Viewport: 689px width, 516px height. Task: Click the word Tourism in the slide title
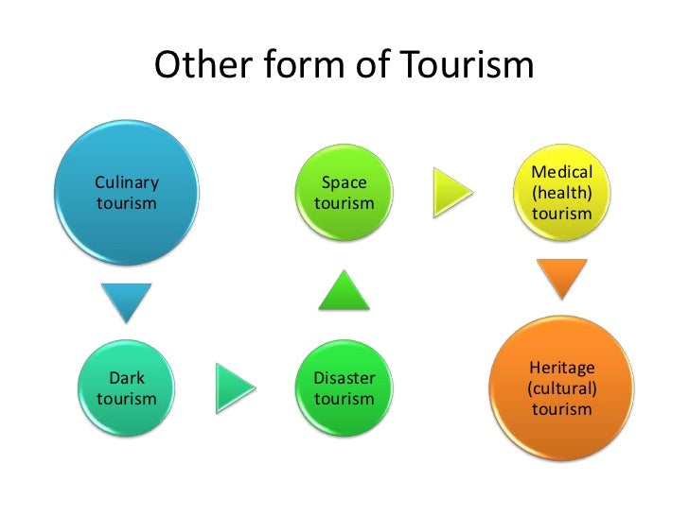[x=468, y=65]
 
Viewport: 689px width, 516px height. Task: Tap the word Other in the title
[x=194, y=65]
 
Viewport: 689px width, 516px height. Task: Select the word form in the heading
[x=294, y=65]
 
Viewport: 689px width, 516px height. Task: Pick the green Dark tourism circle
[x=127, y=387]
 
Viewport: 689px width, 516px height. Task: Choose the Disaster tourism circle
[x=344, y=387]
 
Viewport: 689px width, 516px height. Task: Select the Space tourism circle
[x=344, y=192]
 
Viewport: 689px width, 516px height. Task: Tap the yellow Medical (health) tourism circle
[x=561, y=192]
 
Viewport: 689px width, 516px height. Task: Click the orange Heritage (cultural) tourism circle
[x=561, y=387]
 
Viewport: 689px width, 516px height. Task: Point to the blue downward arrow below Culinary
[x=127, y=301]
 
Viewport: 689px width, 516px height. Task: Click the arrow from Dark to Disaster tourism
[x=235, y=387]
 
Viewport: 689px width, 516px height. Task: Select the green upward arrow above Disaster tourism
[x=344, y=290]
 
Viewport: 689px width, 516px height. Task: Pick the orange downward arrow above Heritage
[x=561, y=278]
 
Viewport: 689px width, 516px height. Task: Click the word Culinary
[x=127, y=182]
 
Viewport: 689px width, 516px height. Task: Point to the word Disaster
[x=344, y=378]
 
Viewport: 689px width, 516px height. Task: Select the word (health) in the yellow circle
[x=561, y=193]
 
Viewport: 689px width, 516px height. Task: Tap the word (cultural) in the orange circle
[x=561, y=387]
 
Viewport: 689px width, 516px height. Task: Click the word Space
[x=344, y=182]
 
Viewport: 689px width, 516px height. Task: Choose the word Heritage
[x=561, y=367]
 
